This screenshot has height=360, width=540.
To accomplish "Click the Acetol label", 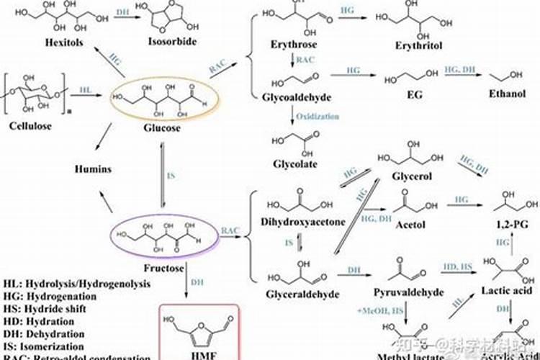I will pos(410,225).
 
